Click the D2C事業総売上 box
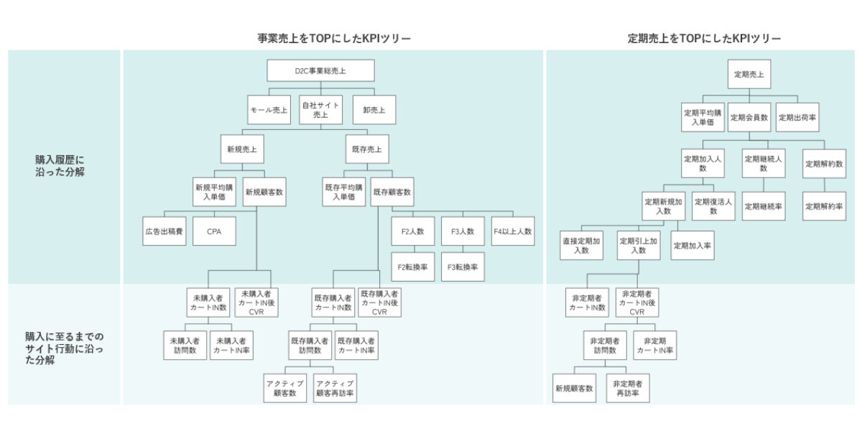tap(320, 70)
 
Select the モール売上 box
tap(269, 110)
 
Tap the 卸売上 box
tap(374, 110)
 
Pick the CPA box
tap(214, 231)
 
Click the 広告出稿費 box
tap(164, 231)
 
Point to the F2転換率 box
tap(413, 267)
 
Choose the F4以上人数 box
tap(513, 231)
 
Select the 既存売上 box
tap(367, 149)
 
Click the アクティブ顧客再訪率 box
tap(335, 389)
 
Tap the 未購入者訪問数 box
tap(185, 346)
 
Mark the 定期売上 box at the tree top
tap(749, 74)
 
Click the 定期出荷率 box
tap(797, 117)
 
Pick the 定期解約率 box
tap(825, 206)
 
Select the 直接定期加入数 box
tap(581, 246)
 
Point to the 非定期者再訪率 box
tap(628, 389)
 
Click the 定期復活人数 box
tap(713, 206)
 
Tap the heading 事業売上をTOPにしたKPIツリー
tap(334, 39)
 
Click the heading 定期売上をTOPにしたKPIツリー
tap(704, 39)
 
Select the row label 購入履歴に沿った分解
tap(60, 166)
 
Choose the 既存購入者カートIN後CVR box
tap(380, 302)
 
